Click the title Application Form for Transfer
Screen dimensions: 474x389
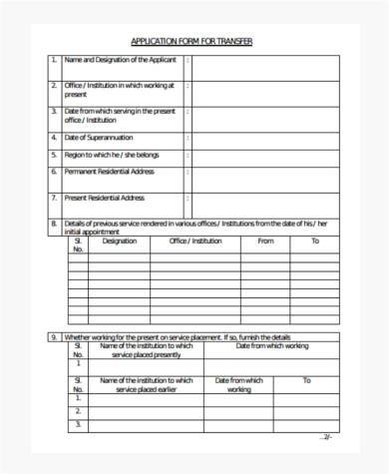pos(193,41)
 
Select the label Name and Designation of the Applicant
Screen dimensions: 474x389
pos(121,60)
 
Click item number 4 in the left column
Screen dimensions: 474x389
pos(54,137)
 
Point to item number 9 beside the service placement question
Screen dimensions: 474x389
pos(54,336)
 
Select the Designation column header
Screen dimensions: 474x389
pos(120,241)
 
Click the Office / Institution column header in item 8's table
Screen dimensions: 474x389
pos(195,241)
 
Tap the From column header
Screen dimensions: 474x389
pos(265,241)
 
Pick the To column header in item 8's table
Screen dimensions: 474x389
pos(315,241)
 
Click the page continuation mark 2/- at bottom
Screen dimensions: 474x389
pos(326,437)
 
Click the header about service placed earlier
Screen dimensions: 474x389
pos(147,385)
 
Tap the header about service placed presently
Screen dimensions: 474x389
pos(147,350)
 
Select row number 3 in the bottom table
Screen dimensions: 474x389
pos(77,424)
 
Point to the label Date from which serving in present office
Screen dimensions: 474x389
pos(120,116)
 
